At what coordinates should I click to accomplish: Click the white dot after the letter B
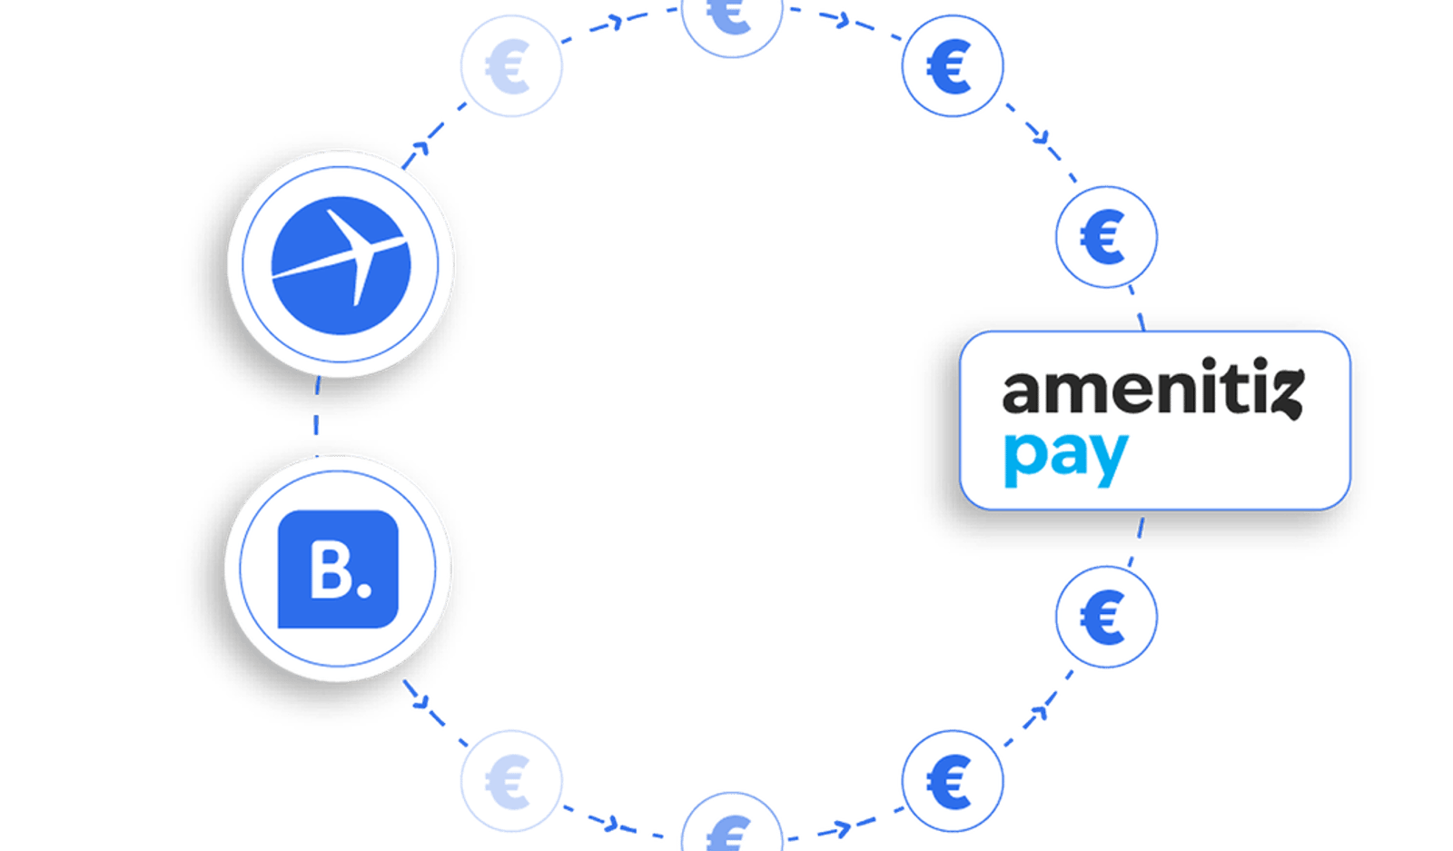(x=364, y=589)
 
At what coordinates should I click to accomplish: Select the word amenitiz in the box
(x=1152, y=387)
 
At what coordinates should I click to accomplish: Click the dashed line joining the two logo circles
(x=317, y=417)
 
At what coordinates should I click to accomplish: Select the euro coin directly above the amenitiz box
(x=1106, y=237)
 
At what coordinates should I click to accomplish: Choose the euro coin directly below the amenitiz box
(x=1106, y=617)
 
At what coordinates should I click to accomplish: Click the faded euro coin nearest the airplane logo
(x=511, y=66)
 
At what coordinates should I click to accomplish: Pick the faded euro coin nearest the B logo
(x=511, y=781)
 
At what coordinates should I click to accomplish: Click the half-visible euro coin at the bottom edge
(x=732, y=825)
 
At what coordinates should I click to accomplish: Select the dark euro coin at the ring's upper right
(x=953, y=66)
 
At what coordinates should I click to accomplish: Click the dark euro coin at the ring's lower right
(x=953, y=781)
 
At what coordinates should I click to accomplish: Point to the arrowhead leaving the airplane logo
(x=421, y=148)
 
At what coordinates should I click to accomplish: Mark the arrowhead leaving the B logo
(x=421, y=701)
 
